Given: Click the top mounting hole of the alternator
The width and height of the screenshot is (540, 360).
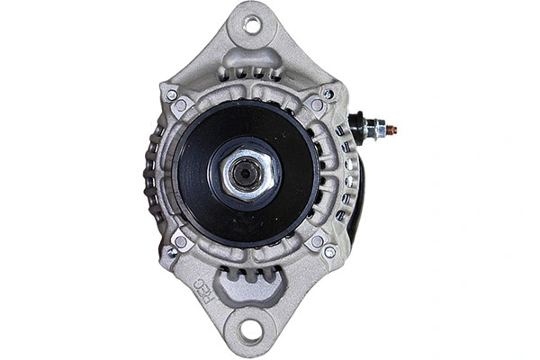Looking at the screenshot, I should [251, 25].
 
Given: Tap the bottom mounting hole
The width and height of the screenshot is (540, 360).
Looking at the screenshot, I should [251, 330].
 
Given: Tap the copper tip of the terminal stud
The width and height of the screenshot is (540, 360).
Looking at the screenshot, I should [392, 130].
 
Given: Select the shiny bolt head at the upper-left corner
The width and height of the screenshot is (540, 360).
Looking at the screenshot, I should [171, 94].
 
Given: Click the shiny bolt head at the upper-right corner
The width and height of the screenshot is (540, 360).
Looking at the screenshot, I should [328, 94].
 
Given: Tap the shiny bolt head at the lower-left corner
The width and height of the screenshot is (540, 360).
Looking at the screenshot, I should [172, 252].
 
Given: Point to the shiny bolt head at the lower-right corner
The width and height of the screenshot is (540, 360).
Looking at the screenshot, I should [328, 252].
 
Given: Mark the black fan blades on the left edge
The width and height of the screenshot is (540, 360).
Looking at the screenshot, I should [151, 171].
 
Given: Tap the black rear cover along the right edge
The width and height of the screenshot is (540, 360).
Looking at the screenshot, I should [359, 198].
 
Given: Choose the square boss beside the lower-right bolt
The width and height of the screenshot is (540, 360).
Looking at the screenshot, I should [316, 241].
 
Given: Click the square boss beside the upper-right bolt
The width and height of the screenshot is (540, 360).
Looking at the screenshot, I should [316, 105].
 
